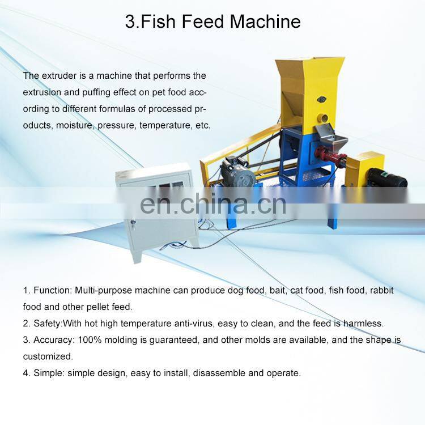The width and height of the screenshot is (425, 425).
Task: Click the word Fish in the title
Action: point(158,22)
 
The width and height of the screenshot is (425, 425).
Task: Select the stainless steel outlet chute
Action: point(330,137)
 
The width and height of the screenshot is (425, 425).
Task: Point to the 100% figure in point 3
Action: point(90,340)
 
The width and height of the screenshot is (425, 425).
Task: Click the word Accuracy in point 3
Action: point(54,340)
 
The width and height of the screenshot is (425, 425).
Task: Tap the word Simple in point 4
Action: point(49,373)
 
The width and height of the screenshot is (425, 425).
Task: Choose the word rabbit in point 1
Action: point(381,290)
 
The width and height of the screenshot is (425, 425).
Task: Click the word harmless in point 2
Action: point(363,324)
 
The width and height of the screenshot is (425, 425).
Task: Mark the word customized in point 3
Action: point(48,356)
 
